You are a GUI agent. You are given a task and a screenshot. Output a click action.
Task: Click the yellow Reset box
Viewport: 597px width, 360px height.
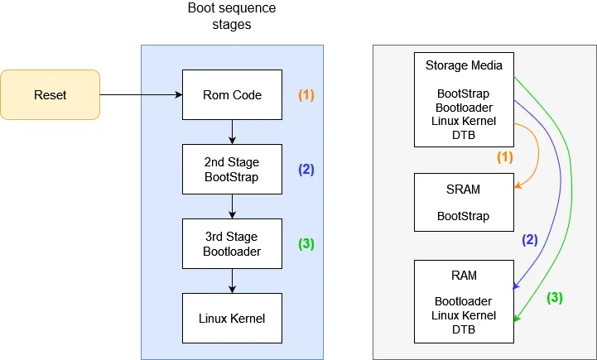(x=50, y=95)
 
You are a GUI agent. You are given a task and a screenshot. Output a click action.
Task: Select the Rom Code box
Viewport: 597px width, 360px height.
(x=232, y=95)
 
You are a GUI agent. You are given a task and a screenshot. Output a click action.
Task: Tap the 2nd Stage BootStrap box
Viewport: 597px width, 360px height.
(x=232, y=170)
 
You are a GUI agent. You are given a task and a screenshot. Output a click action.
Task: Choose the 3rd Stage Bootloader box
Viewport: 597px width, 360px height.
(x=232, y=244)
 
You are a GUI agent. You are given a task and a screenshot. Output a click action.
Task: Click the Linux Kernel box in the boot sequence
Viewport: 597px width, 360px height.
(x=232, y=318)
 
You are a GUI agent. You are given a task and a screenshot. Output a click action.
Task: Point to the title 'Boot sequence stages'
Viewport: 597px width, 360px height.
(x=232, y=17)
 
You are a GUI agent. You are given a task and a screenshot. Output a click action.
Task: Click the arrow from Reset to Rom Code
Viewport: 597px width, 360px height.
(x=141, y=95)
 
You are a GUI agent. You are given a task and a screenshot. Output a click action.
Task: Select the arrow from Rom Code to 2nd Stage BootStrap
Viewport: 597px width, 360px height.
(x=233, y=132)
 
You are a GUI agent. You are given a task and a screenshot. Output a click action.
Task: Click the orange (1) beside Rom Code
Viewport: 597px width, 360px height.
(x=306, y=95)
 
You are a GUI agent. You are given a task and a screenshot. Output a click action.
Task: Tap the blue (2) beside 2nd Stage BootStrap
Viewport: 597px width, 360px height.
(x=306, y=170)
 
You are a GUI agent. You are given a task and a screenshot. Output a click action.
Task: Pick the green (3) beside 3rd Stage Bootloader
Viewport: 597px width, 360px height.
(x=306, y=244)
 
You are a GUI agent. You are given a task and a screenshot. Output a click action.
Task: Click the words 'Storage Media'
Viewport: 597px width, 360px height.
(x=464, y=65)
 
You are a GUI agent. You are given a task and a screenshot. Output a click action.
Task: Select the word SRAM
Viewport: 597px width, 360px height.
(x=464, y=190)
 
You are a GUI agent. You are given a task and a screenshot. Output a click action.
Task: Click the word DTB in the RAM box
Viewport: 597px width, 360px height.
(x=464, y=329)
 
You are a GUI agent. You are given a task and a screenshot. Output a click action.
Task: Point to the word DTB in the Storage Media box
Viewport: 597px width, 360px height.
(x=464, y=135)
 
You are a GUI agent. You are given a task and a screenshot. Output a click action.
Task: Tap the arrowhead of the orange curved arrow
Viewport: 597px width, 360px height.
(x=518, y=187)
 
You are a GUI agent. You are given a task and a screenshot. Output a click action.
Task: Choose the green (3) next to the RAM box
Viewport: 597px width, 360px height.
(x=554, y=298)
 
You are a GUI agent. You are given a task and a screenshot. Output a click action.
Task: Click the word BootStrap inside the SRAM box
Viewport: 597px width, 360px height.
(x=464, y=216)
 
